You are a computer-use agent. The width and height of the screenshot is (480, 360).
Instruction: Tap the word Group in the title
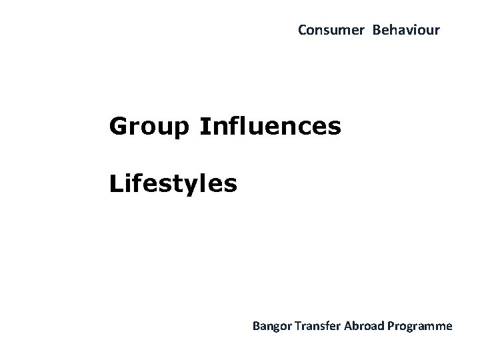(149, 126)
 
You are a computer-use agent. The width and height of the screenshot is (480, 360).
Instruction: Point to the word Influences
(269, 125)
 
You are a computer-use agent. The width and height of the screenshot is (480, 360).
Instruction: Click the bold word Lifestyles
(173, 183)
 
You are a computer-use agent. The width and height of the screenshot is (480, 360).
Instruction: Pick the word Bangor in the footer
(269, 327)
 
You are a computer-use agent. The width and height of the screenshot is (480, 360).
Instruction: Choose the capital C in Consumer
(302, 30)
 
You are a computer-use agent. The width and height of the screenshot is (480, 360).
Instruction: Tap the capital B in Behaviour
(376, 30)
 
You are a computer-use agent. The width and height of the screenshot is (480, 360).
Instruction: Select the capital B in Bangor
(255, 326)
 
